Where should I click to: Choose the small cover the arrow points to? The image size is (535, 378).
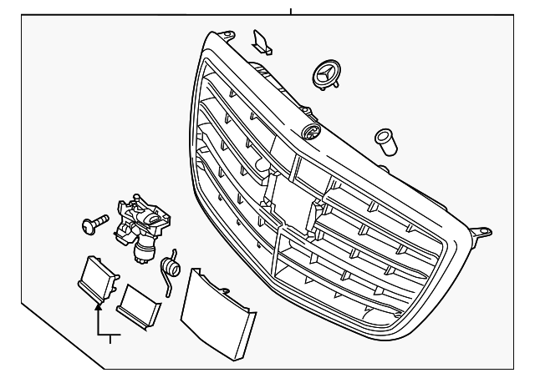(99, 278)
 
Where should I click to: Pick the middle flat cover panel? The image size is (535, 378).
(139, 306)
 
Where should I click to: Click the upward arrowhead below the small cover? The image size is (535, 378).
(99, 308)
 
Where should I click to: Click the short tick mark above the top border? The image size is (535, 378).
(291, 11)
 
